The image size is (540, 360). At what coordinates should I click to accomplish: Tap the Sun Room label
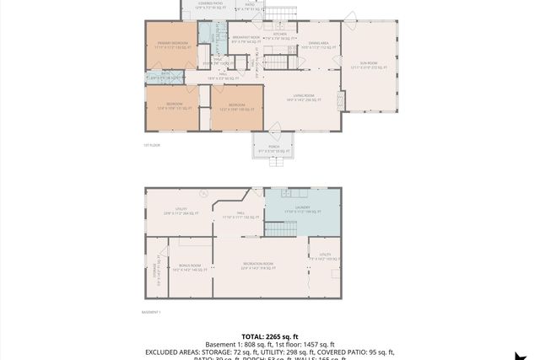pos(368,67)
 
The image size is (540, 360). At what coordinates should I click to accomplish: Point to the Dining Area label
pos(319,45)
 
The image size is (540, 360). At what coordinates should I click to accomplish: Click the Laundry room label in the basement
pos(303,208)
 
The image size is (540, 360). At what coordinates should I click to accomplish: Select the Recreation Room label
pos(258,266)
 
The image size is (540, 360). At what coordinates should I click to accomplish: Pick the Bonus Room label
pos(190,267)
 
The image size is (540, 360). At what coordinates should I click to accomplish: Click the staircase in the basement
pos(277,228)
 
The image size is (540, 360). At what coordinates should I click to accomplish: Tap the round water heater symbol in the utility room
pos(202,195)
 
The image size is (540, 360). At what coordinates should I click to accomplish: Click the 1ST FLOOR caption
pos(151,145)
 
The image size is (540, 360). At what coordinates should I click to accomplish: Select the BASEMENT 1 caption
pos(151,312)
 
